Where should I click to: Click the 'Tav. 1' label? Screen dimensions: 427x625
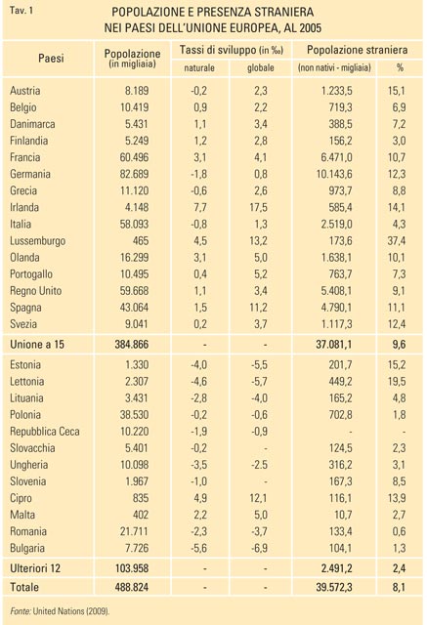(x=21, y=10)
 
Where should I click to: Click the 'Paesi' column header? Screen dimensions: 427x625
(x=51, y=59)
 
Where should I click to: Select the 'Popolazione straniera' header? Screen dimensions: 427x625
(x=357, y=50)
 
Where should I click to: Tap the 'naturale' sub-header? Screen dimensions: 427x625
(x=199, y=67)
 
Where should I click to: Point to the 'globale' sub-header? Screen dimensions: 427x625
(x=260, y=67)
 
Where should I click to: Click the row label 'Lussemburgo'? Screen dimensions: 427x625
(x=37, y=241)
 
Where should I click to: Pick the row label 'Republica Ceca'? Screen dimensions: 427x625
(x=45, y=432)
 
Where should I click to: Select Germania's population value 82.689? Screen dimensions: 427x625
(x=135, y=174)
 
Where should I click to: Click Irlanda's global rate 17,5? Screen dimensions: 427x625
(x=259, y=207)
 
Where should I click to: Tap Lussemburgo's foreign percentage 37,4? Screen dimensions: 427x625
(x=397, y=241)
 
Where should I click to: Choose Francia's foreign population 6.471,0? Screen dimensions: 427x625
(x=336, y=157)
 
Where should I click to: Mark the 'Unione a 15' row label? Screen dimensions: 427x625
(x=37, y=344)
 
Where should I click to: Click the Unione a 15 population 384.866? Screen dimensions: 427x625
(x=132, y=344)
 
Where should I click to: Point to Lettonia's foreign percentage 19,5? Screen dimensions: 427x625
(x=397, y=382)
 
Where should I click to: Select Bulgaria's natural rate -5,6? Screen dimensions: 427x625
(x=198, y=548)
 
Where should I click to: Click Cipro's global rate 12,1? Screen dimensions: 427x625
(x=259, y=498)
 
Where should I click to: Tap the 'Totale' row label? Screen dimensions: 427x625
(x=24, y=587)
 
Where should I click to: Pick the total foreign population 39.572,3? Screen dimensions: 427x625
(x=334, y=587)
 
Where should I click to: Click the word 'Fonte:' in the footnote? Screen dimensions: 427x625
(x=21, y=611)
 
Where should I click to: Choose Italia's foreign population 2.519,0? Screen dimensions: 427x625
(x=336, y=224)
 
